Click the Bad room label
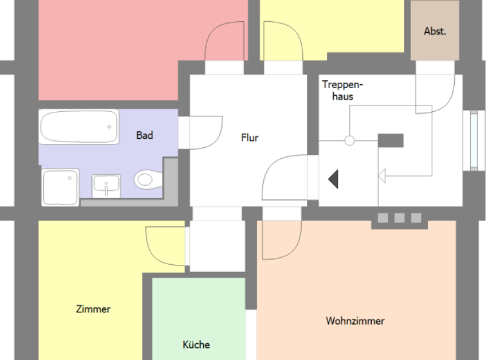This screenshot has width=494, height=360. (x=145, y=135)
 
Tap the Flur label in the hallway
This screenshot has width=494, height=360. (x=250, y=138)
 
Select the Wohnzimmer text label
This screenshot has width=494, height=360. (x=355, y=321)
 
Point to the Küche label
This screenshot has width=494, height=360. (x=196, y=345)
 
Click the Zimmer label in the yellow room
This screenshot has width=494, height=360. (x=93, y=309)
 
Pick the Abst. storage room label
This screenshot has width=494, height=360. (x=435, y=31)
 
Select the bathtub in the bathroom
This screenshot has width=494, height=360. (x=79, y=127)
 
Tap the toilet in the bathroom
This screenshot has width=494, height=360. (x=146, y=179)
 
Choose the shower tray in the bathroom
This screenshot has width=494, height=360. (x=60, y=187)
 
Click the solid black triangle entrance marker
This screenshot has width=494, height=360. (x=333, y=179)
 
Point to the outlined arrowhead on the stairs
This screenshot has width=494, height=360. (x=381, y=175)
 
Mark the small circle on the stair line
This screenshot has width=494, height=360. (x=349, y=141)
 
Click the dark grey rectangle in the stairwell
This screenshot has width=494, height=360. (x=390, y=140)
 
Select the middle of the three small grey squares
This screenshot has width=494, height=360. (x=399, y=218)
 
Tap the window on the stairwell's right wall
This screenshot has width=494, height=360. (x=474, y=141)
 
